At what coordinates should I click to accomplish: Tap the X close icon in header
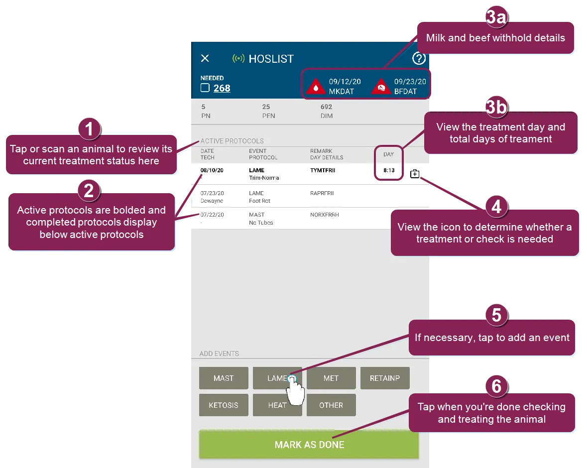205,58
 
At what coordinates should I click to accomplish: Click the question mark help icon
419,58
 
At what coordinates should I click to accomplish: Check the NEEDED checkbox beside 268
205,88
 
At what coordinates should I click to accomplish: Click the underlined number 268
222,88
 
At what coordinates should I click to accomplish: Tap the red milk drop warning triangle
316,87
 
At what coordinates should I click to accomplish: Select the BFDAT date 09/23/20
410,82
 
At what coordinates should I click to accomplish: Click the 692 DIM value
327,107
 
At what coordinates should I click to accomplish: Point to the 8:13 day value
389,170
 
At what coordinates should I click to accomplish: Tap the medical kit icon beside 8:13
415,174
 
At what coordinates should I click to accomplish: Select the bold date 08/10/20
212,170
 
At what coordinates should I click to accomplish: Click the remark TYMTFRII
323,170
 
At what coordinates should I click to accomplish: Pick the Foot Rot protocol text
260,201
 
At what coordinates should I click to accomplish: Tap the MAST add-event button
224,378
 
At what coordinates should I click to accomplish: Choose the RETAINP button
385,378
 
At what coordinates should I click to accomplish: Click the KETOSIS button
224,405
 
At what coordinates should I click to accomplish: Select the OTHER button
331,405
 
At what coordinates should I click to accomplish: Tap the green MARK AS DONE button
309,445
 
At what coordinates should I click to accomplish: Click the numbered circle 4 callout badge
496,207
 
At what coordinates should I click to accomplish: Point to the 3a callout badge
496,17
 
